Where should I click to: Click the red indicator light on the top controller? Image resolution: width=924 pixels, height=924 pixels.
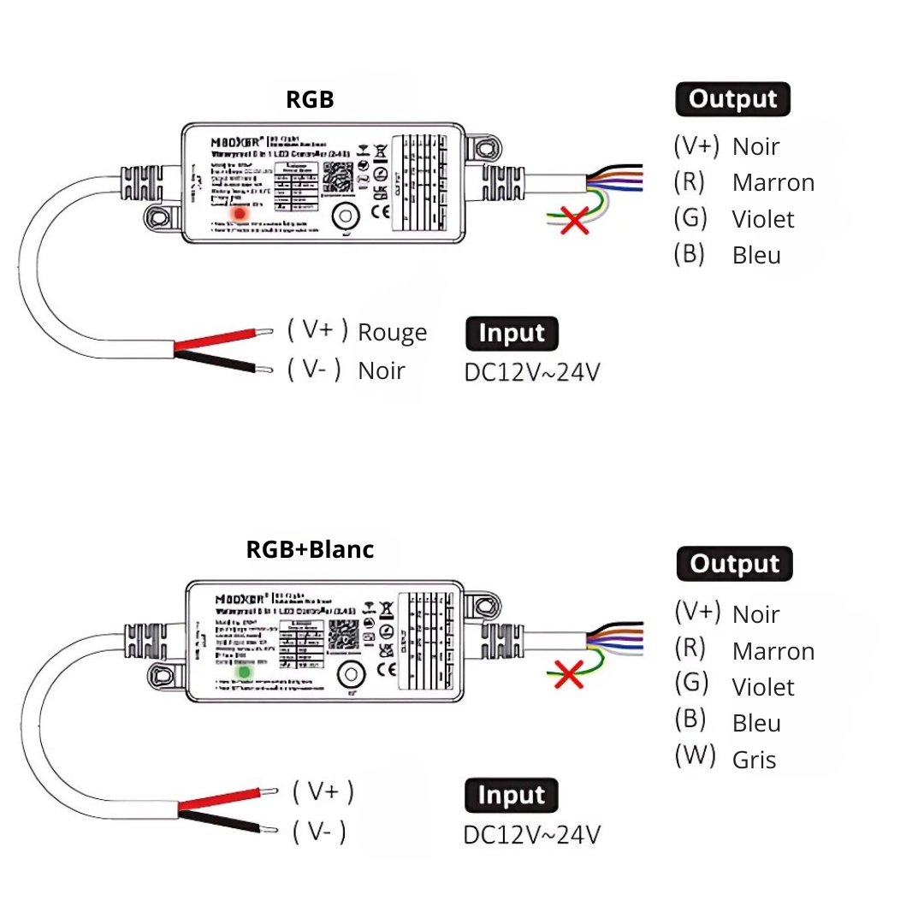pos(242,212)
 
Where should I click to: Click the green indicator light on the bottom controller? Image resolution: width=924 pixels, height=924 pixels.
pos(244,672)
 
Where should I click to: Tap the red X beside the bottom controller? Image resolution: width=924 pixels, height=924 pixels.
pos(566,673)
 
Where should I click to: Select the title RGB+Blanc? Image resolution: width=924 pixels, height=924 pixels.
pos(310,549)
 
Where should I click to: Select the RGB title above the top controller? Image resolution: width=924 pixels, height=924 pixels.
pos(310,100)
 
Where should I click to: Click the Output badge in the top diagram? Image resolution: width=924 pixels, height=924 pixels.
pos(732,99)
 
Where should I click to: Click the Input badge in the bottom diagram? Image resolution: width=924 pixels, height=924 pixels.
pos(511,796)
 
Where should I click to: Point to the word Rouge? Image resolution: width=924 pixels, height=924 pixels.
pos(392,332)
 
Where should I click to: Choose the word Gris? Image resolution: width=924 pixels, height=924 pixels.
pos(754,760)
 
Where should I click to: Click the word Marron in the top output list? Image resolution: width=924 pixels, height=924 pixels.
pos(773,182)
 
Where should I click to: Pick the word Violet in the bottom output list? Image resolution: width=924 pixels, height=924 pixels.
pos(763,687)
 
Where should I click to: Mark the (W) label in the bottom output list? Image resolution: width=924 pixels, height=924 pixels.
pos(694,756)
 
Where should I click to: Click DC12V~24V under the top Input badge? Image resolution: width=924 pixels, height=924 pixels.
pos(531,373)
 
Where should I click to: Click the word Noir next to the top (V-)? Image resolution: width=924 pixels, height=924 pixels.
pos(381,370)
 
